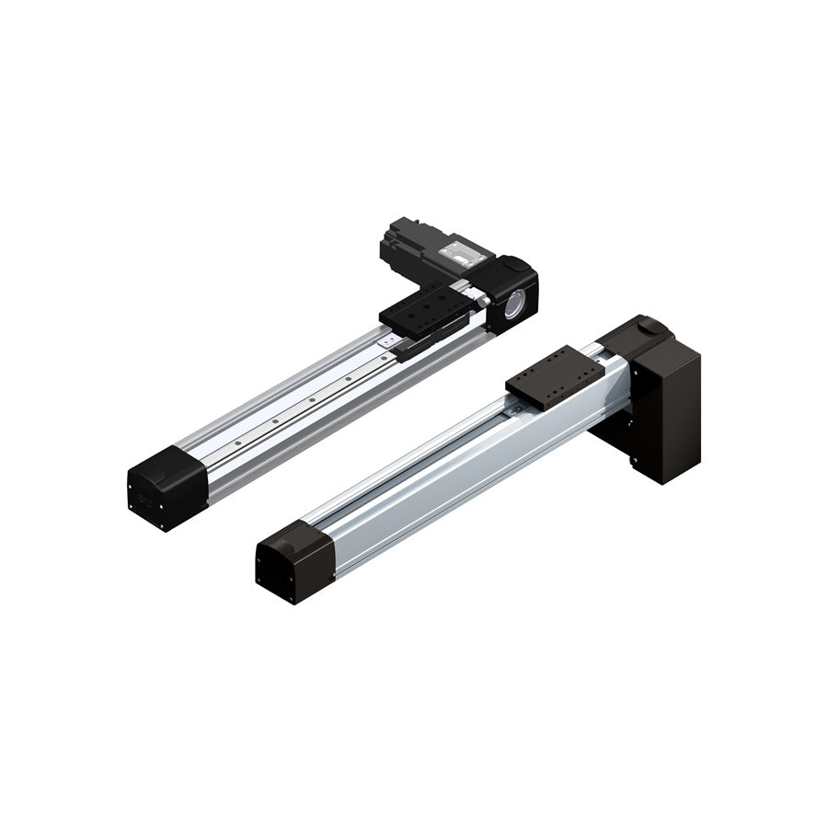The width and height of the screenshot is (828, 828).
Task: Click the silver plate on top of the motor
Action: [457, 249]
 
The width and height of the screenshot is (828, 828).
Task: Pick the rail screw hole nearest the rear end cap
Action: [236, 443]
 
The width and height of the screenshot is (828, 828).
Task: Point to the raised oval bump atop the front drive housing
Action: [649, 324]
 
